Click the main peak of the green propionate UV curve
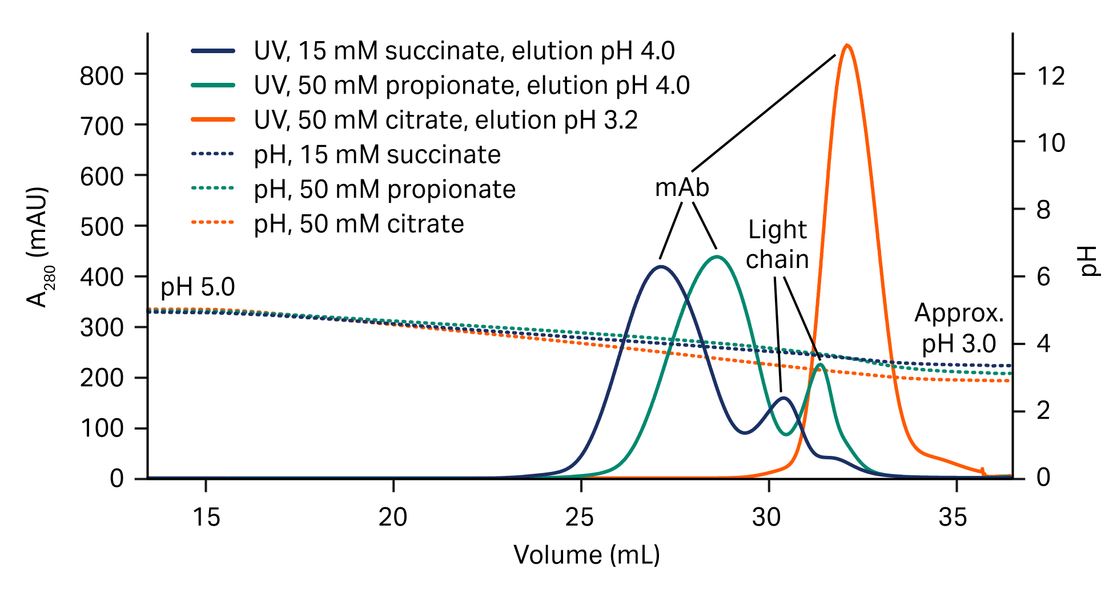[x=718, y=257]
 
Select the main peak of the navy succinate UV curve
[x=661, y=267]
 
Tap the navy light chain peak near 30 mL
[x=783, y=398]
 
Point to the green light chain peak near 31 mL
[x=820, y=364]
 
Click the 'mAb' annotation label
[x=682, y=188]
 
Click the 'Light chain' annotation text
[x=777, y=245]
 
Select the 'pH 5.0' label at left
[x=198, y=287]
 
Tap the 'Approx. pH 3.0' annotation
[x=959, y=328]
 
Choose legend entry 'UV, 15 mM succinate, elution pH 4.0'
[x=464, y=51]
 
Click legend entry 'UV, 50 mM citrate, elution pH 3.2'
[x=445, y=120]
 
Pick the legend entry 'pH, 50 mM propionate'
[x=384, y=189]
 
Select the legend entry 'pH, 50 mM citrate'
[x=359, y=224]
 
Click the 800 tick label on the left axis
[x=102, y=75]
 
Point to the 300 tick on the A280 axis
[x=102, y=327]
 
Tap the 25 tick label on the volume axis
[x=580, y=518]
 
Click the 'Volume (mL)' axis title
[x=586, y=555]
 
